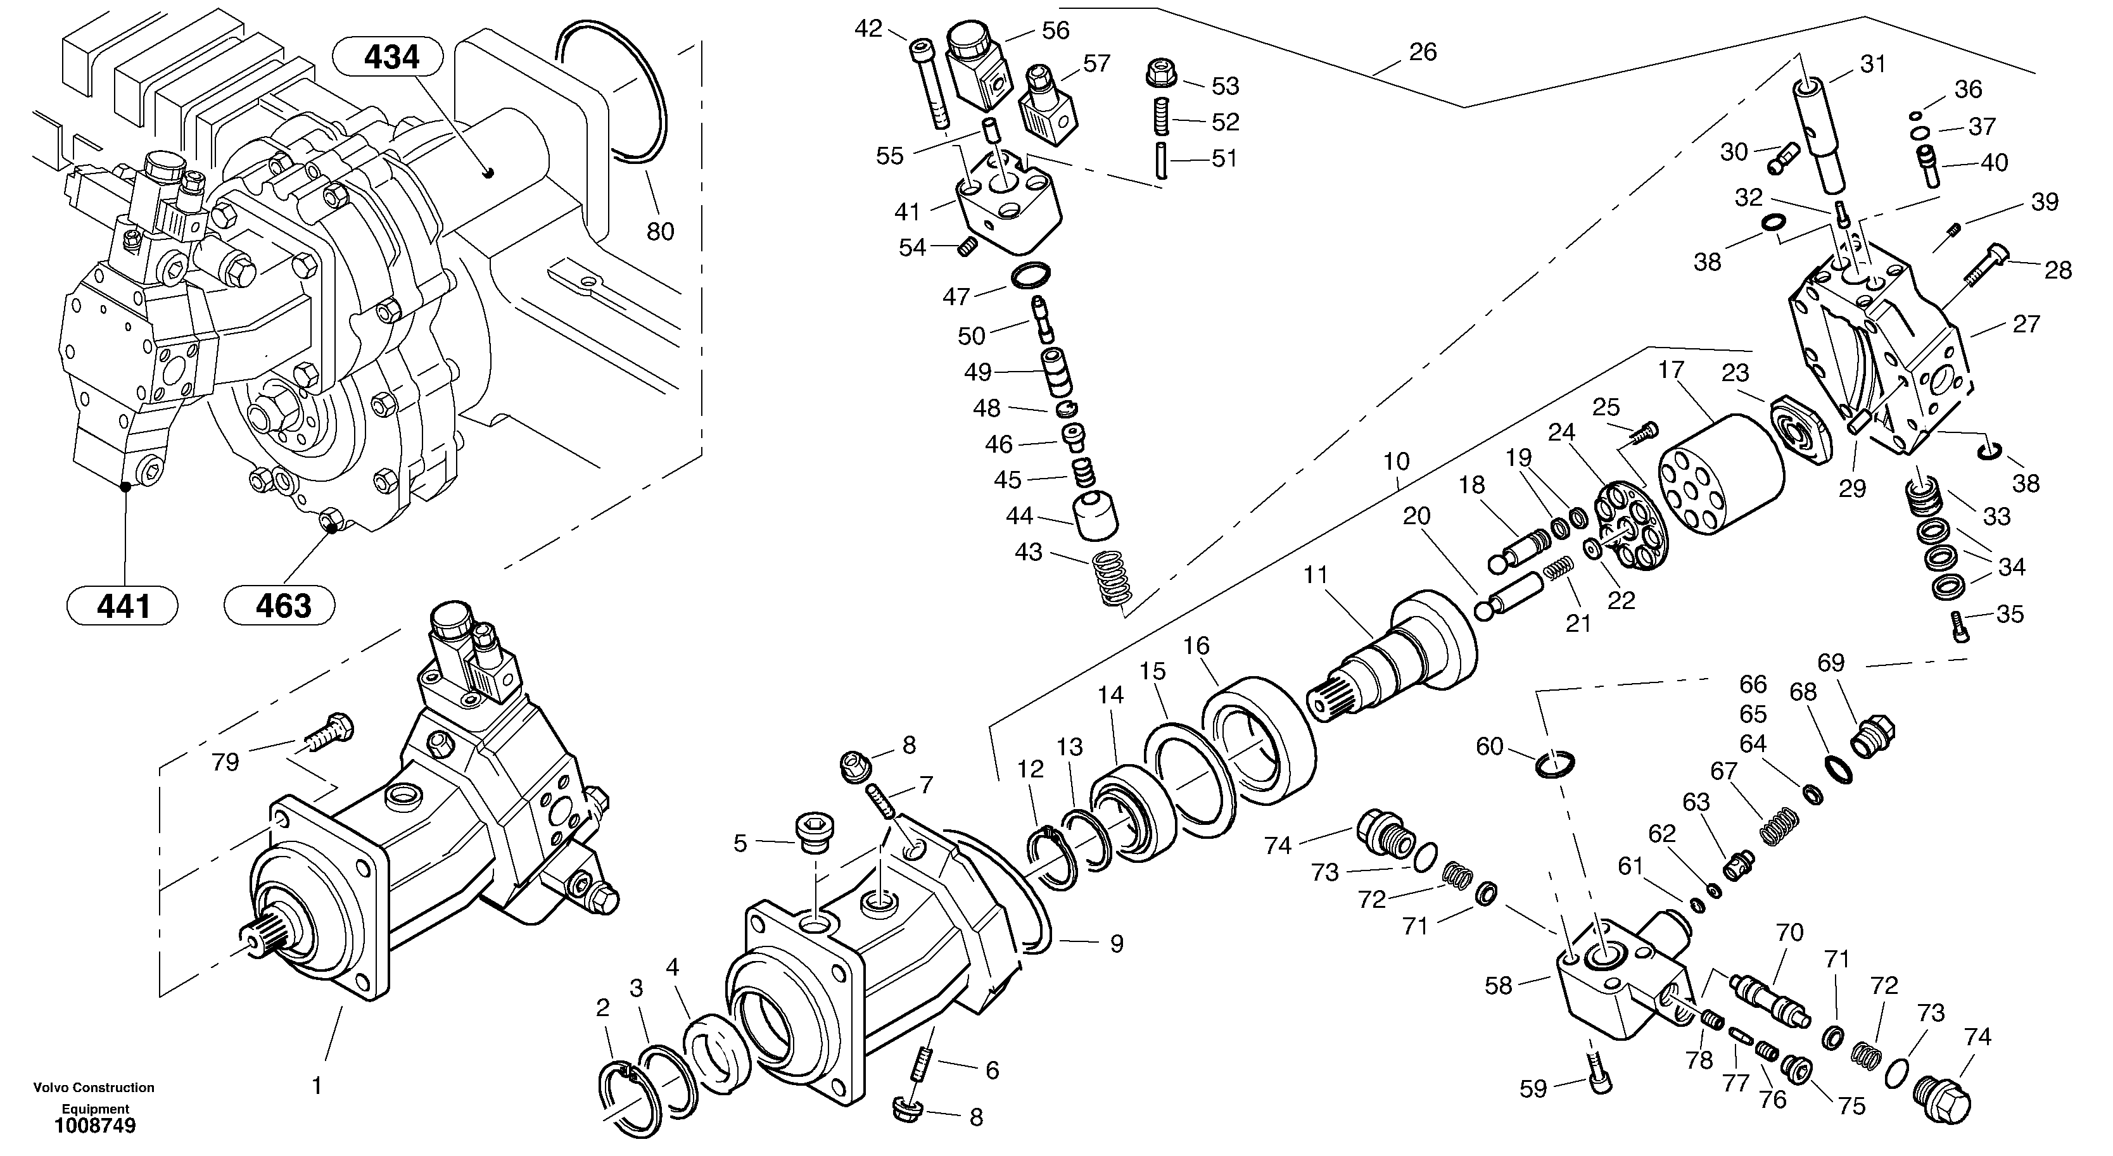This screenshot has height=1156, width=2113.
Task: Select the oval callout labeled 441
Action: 123,606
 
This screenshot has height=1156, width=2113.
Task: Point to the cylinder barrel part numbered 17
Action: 1720,474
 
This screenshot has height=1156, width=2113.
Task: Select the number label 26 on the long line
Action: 1423,53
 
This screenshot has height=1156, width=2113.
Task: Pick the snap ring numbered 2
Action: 628,1098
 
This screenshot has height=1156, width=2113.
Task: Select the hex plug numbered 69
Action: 1874,736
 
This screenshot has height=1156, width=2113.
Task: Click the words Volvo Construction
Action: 94,1087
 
